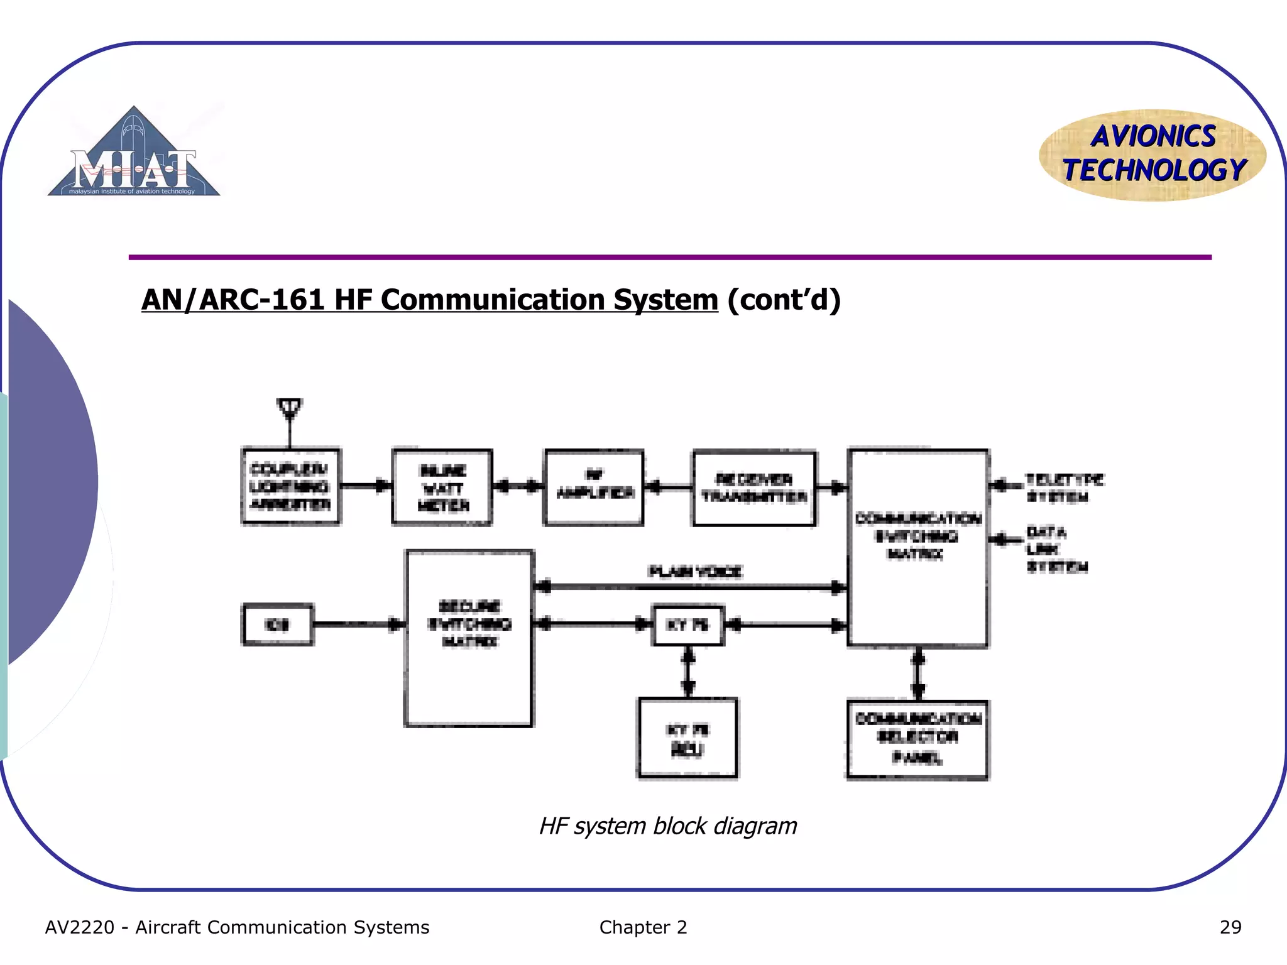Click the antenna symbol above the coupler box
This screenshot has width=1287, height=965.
[290, 409]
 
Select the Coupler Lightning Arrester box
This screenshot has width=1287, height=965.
[291, 487]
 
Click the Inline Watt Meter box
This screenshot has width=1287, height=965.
[442, 488]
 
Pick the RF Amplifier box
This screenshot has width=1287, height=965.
[594, 488]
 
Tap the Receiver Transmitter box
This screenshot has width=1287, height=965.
[754, 488]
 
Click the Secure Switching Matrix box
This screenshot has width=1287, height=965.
[469, 638]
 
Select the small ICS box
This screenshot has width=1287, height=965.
[278, 624]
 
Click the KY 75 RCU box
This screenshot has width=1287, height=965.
[687, 738]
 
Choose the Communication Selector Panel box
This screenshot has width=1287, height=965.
[917, 739]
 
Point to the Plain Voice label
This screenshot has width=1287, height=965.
[695, 571]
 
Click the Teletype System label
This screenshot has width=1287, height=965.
[1063, 488]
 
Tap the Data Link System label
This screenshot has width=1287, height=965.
[1055, 549]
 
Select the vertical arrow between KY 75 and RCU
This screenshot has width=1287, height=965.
[688, 672]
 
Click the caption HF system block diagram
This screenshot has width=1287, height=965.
[668, 826]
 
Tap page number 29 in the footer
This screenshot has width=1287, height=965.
[1230, 927]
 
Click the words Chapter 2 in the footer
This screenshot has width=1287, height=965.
[643, 927]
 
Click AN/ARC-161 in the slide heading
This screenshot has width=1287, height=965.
[233, 300]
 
